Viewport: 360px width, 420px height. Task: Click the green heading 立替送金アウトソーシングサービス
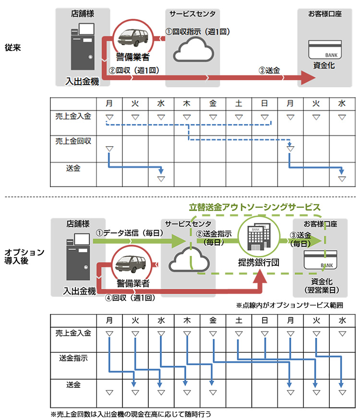pos(254,207)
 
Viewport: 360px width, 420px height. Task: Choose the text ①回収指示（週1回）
pos(198,32)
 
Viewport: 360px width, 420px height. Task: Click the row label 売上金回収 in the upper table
pos(73,141)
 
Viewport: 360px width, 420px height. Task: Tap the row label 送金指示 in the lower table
pos(73,358)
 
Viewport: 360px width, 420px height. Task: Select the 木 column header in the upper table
pos(187,103)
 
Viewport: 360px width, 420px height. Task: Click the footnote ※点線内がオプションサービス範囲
pos(291,305)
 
